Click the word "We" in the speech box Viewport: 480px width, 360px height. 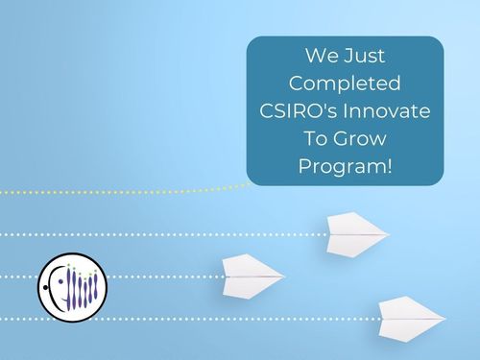(319, 56)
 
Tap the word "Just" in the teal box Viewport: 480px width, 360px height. (364, 56)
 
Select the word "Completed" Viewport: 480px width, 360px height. (345, 84)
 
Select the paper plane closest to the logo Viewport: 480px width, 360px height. (252, 275)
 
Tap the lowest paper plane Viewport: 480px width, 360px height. (410, 318)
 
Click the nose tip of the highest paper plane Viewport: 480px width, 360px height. (389, 232)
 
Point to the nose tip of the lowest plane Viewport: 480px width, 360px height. (444, 317)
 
